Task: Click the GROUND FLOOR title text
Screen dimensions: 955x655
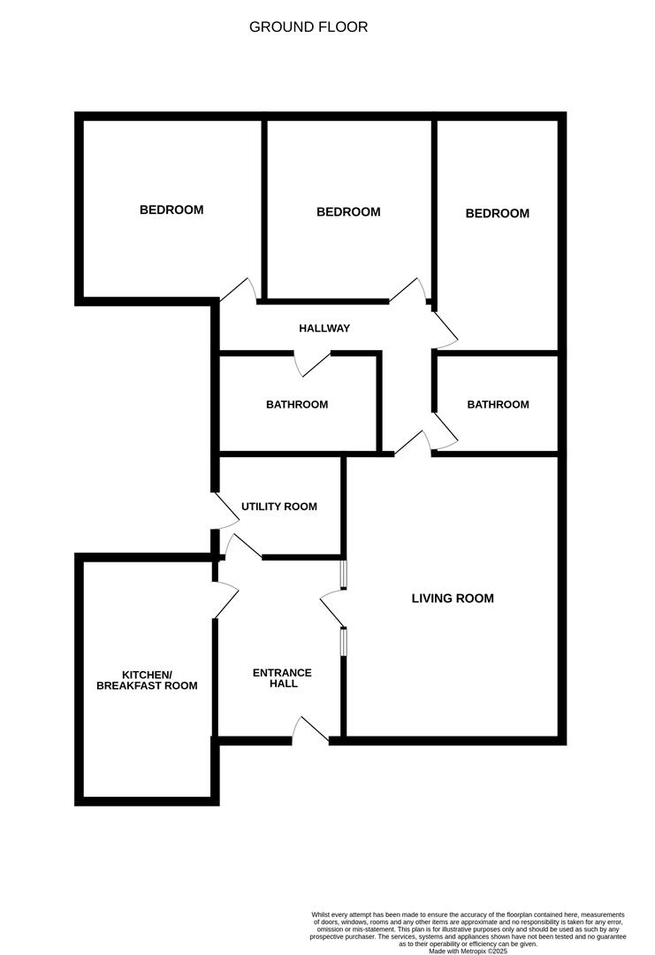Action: coord(308,27)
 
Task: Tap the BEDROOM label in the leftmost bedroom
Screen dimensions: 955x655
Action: coord(171,210)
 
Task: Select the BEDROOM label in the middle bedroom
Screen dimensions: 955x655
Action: coord(348,212)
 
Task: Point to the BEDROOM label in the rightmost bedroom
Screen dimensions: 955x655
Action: coord(498,214)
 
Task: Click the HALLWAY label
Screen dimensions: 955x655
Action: coord(324,328)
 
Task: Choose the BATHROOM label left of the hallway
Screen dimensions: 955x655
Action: coord(297,405)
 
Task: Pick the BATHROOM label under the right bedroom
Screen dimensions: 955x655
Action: coord(498,405)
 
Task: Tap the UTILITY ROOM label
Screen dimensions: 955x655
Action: coord(279,507)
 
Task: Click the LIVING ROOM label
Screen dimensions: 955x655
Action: coord(453,599)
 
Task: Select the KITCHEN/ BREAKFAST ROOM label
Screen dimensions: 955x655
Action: coord(147,679)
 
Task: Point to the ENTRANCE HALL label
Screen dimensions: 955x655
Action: coord(282,678)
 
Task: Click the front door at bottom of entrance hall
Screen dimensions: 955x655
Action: coord(310,730)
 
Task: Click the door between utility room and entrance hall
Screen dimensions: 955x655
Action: coord(243,546)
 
